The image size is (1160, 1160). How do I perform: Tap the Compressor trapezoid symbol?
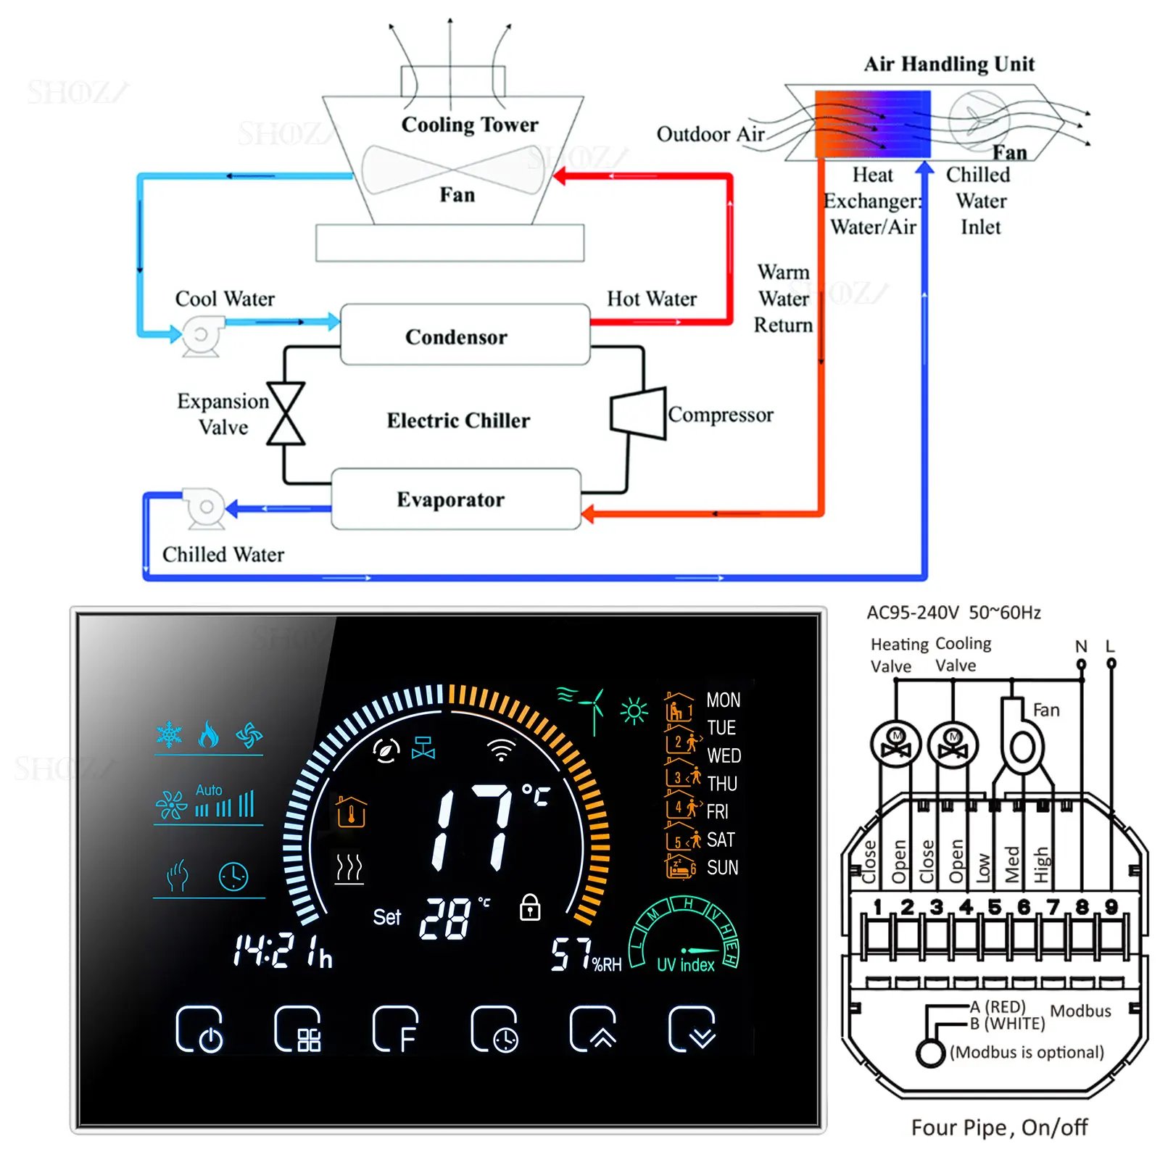[639, 413]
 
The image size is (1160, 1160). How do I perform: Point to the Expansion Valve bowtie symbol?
[286, 413]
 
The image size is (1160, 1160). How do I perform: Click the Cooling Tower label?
[470, 125]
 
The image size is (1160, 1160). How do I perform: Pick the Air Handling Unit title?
[949, 64]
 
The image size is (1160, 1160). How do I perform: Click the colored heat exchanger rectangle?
[872, 124]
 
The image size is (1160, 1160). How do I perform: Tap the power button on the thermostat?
[199, 1029]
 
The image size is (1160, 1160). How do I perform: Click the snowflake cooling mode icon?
[170, 734]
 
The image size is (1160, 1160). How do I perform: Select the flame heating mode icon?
[209, 734]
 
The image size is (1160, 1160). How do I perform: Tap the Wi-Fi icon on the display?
[501, 750]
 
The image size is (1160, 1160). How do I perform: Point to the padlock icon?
[530, 906]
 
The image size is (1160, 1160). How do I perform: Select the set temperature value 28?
[445, 919]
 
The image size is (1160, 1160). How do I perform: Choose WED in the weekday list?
[724, 755]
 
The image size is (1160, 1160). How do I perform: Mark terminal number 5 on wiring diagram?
[994, 907]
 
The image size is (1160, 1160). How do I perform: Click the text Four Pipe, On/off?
[999, 1127]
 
